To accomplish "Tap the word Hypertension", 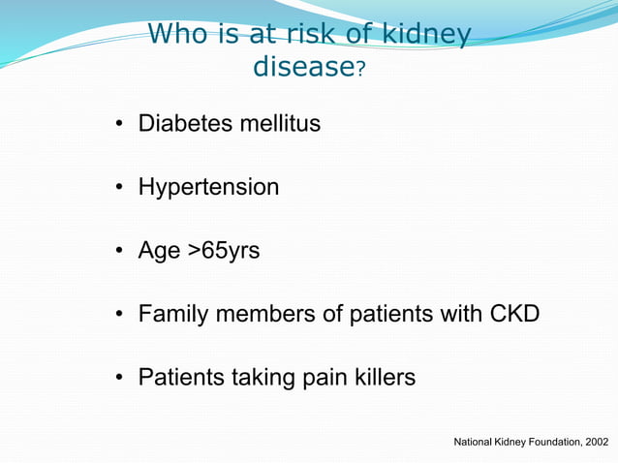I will coord(208,188).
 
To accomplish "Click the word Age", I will coord(159,252).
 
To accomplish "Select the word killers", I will coord(382,377).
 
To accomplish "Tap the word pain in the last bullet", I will coord(317,377).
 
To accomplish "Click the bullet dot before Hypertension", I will coord(119,188).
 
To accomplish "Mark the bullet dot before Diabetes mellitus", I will coord(119,125).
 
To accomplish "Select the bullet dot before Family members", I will coord(119,315).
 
